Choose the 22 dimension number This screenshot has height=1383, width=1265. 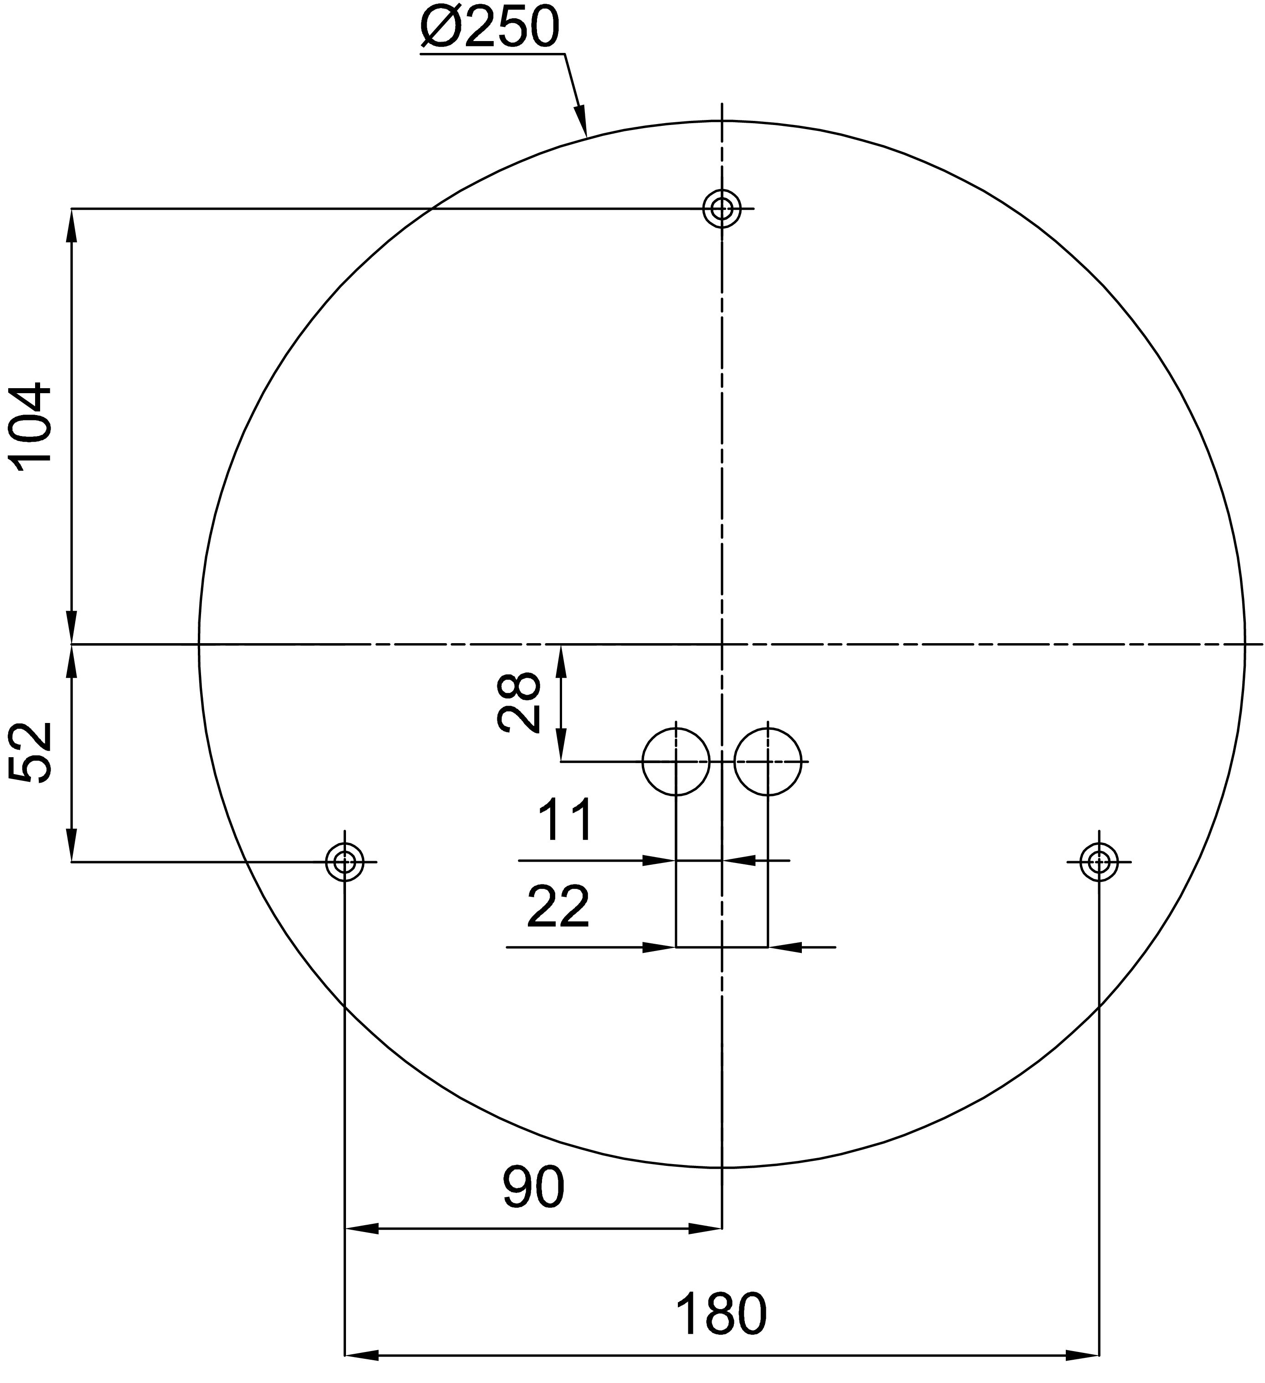pyautogui.click(x=558, y=906)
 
